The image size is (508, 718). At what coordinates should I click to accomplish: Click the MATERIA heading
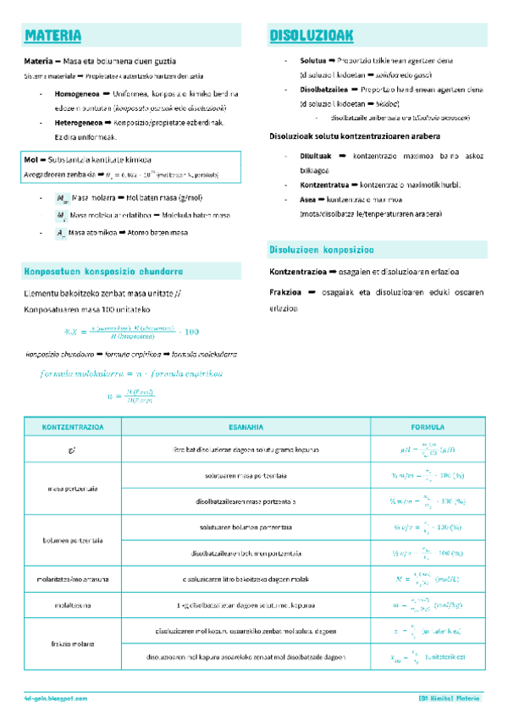pos(53,36)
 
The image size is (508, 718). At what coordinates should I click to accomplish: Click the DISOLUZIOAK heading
pos(311,36)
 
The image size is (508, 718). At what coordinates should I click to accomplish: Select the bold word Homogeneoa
pos(78,93)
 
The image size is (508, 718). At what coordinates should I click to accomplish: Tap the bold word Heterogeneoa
pos(80,123)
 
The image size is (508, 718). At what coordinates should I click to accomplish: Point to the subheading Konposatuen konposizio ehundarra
pos(103,272)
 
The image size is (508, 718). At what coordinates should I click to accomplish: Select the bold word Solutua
pos(313,61)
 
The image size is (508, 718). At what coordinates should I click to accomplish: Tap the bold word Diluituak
pos(317,157)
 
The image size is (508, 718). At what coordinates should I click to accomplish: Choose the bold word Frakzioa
pos(288,292)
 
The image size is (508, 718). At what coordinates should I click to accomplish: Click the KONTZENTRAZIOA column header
pos(72,427)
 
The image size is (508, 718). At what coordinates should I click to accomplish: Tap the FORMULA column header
pos(428,427)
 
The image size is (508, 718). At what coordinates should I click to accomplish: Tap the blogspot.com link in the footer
pos(56,698)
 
